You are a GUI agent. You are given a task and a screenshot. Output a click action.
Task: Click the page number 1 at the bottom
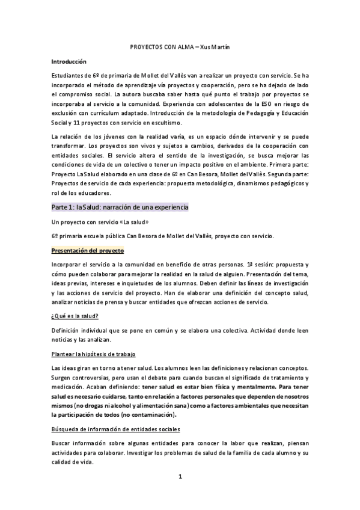(x=180, y=478)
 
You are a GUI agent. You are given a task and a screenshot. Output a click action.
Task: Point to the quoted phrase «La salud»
(x=132, y=223)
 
